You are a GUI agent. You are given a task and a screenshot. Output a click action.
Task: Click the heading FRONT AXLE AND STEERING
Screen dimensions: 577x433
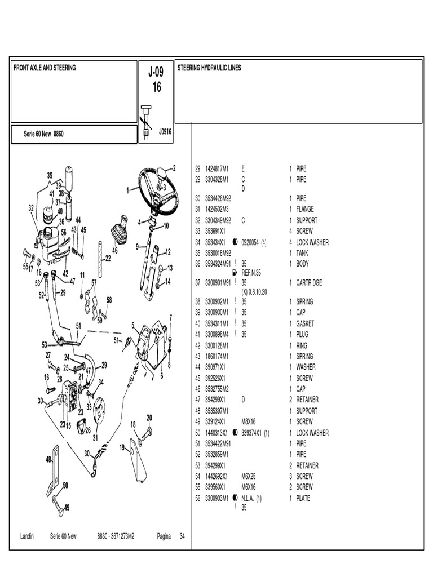click(x=45, y=68)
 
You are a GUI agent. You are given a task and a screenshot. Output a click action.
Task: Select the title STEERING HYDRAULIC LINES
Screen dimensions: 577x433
click(x=209, y=68)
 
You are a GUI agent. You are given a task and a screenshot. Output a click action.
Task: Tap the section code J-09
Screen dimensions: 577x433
click(x=156, y=72)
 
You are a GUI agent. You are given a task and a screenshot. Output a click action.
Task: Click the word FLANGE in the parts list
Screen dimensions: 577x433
click(x=305, y=209)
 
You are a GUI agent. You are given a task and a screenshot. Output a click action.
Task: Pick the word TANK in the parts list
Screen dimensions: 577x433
click(x=302, y=253)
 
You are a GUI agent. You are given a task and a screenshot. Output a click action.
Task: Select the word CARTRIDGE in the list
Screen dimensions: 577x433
click(x=310, y=283)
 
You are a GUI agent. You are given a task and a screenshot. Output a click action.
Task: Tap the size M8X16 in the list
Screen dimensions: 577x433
click(x=249, y=421)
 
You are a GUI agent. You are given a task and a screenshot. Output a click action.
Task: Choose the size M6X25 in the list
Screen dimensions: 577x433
click(x=249, y=476)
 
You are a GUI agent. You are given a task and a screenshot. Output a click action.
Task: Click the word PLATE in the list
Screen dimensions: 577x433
click(x=303, y=498)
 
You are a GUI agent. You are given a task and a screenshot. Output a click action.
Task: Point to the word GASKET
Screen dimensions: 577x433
click(x=305, y=323)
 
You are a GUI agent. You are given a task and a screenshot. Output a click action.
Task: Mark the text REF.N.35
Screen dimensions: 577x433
click(x=253, y=272)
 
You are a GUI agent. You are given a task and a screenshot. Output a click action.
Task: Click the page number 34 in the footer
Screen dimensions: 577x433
click(x=182, y=536)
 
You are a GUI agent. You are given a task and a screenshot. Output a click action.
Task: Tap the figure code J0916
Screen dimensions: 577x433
click(x=165, y=131)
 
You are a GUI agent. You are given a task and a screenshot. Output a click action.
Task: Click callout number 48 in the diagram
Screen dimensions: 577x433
click(x=49, y=459)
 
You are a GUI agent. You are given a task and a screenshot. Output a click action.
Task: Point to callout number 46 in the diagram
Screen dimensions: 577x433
click(x=115, y=250)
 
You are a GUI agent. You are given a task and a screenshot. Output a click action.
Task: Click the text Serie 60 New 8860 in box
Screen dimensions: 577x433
click(x=43, y=134)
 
